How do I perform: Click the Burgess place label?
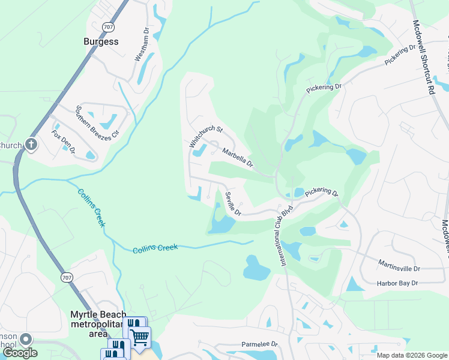(x=101, y=42)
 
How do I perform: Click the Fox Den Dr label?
(x=63, y=142)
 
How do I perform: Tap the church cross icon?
(x=31, y=145)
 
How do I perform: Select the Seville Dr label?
(x=234, y=204)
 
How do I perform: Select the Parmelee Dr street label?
(x=260, y=344)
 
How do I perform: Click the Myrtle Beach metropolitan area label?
(x=98, y=319)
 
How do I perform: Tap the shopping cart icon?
(x=140, y=337)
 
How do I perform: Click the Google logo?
(x=19, y=353)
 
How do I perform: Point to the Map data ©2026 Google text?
(x=411, y=355)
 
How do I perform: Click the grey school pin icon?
(x=26, y=340)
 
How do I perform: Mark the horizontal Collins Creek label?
(x=155, y=248)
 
